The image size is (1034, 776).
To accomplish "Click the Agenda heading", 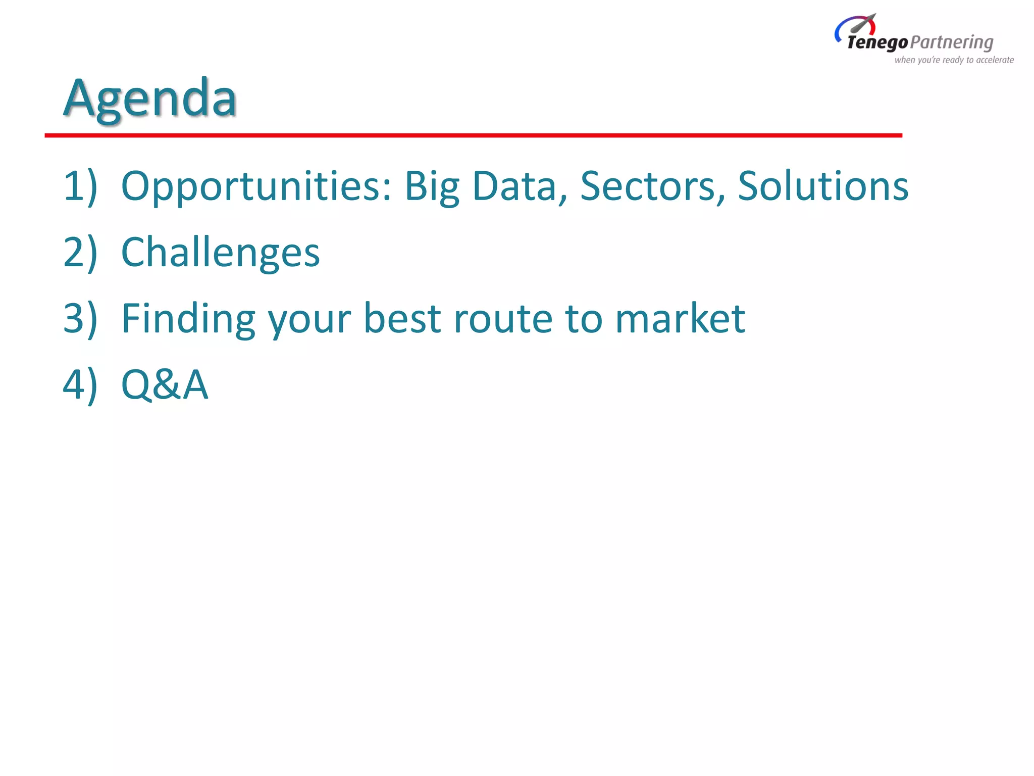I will [x=150, y=99].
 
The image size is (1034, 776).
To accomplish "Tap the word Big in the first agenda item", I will [x=432, y=186].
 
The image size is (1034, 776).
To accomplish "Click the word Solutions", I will [x=823, y=186].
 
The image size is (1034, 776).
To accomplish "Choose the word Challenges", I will [x=220, y=253].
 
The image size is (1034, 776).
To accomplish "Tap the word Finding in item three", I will [x=188, y=319].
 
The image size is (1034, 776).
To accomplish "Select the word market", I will [x=680, y=319].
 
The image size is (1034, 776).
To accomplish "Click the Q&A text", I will [x=165, y=385].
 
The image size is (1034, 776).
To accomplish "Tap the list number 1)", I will [x=80, y=186].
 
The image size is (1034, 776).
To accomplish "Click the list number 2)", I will [x=80, y=253].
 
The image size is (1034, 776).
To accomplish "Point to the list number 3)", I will [x=80, y=319].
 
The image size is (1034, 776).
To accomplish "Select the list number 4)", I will [x=80, y=385].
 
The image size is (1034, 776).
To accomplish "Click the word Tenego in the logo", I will [x=877, y=43].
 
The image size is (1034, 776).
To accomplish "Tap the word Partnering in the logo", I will [x=952, y=43].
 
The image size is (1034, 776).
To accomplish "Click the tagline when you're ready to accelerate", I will [x=954, y=60].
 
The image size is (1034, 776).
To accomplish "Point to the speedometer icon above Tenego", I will [x=856, y=25].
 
